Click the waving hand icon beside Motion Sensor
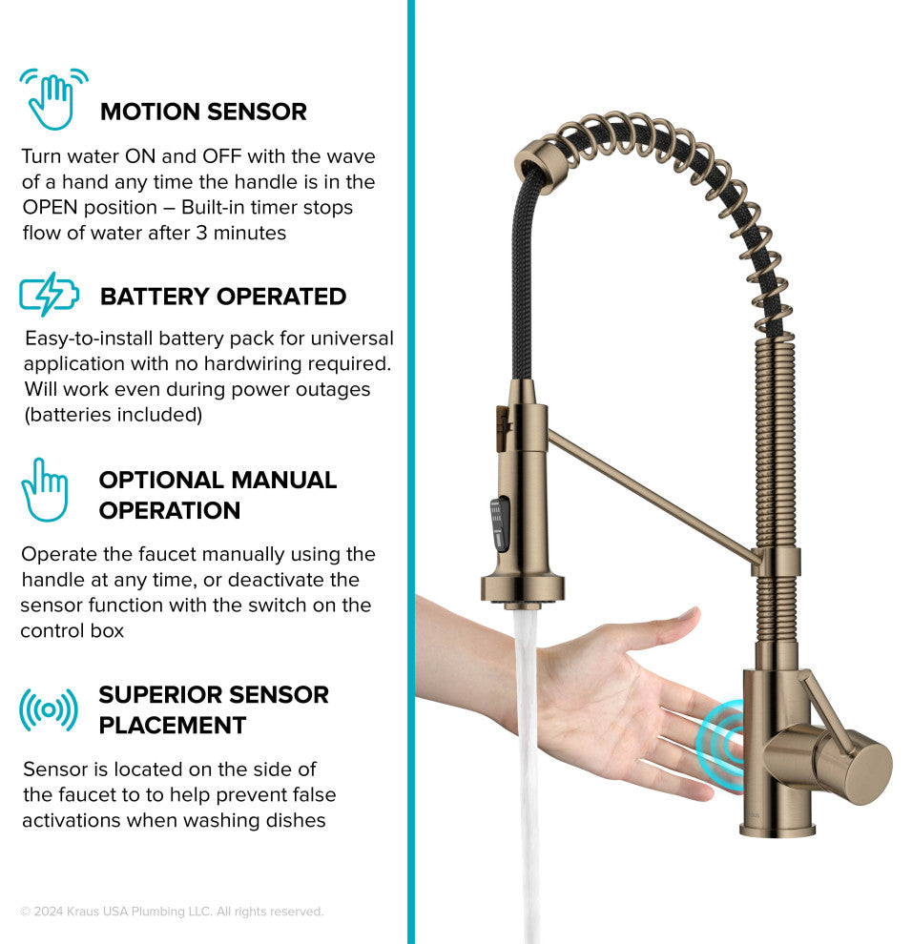click(53, 99)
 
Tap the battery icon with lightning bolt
click(49, 294)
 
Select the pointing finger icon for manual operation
click(45, 490)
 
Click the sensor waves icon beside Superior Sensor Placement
click(49, 710)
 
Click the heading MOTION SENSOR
click(203, 112)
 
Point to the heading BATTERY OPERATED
click(223, 297)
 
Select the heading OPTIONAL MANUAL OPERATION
click(218, 495)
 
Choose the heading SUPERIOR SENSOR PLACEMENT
click(214, 709)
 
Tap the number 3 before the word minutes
click(202, 233)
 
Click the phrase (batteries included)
click(114, 415)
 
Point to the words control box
click(73, 630)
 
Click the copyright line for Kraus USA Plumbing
click(173, 912)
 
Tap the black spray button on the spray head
click(499, 523)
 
